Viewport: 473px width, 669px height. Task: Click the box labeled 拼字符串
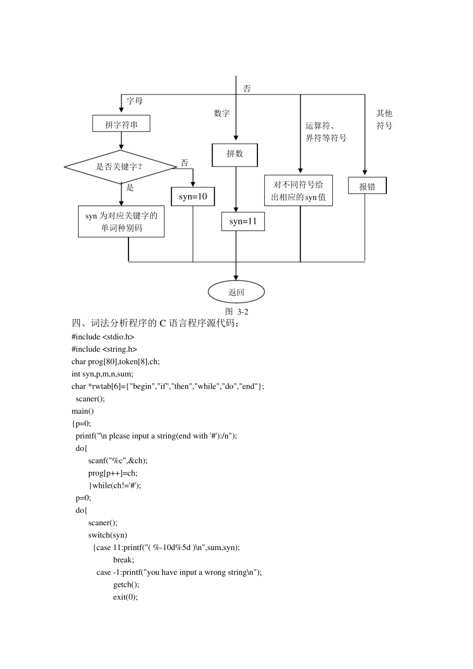click(121, 124)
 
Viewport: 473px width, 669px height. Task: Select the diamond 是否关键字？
click(120, 167)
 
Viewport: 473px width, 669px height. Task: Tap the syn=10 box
click(193, 197)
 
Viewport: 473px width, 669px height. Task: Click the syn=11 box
click(243, 222)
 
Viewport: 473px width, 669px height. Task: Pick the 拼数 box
click(235, 154)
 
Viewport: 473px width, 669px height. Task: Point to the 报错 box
click(367, 186)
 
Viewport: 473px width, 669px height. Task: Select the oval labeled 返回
click(236, 292)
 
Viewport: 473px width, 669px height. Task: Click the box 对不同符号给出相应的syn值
click(298, 191)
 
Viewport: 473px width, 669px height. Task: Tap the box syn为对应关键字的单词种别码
click(121, 222)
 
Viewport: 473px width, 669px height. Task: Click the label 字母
click(134, 101)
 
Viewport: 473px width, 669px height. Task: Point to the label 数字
click(222, 113)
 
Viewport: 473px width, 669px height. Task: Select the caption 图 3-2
click(236, 312)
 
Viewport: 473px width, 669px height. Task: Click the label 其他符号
click(384, 119)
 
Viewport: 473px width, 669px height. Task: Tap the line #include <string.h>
click(104, 349)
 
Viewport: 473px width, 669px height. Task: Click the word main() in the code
click(83, 411)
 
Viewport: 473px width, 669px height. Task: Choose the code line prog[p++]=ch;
click(113, 473)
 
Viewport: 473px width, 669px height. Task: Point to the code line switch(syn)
click(108, 535)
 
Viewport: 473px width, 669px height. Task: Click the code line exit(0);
click(125, 597)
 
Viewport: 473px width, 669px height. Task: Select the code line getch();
click(126, 584)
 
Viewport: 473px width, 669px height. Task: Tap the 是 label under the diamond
click(130, 188)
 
